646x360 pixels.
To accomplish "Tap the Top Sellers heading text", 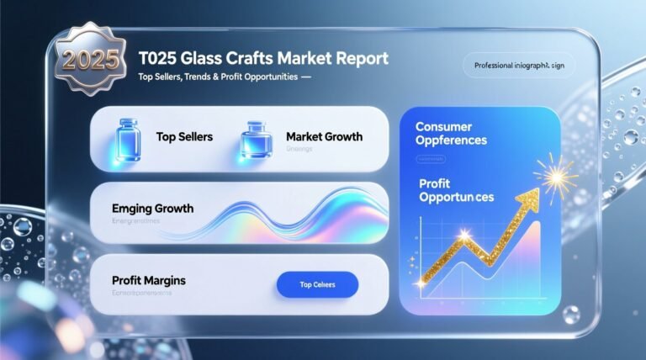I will [184, 136].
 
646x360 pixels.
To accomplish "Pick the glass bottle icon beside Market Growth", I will [254, 139].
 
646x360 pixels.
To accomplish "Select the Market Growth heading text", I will [324, 136].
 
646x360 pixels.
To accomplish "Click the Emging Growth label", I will [152, 208].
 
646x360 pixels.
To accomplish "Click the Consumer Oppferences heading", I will [452, 134].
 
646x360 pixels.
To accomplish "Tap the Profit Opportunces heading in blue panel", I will [455, 188].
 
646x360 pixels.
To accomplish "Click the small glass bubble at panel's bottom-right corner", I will [571, 314].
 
